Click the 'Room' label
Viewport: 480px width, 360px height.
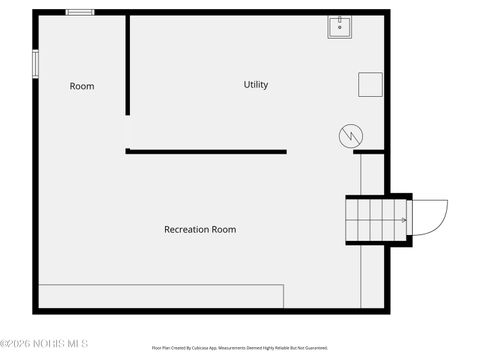82,86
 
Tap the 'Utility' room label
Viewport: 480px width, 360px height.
256,85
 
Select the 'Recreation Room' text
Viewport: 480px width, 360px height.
200,229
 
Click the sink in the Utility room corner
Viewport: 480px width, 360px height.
339,27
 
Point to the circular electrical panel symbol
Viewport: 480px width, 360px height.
350,135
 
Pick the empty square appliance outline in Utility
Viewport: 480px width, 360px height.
370,85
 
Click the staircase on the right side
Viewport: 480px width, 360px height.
376,218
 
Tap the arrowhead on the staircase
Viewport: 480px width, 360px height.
404,219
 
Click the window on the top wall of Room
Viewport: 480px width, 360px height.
80,12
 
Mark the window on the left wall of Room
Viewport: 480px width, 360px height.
35,62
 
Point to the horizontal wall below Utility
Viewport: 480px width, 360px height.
207,152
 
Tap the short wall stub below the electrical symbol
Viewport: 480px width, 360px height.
369,152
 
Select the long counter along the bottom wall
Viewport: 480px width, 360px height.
160,297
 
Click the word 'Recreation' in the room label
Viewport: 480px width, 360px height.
186,229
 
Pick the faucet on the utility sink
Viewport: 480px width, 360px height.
339,20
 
